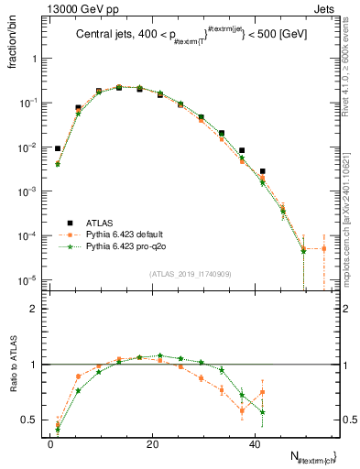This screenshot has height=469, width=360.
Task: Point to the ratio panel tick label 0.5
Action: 30,420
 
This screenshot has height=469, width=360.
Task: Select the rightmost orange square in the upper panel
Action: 323,248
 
